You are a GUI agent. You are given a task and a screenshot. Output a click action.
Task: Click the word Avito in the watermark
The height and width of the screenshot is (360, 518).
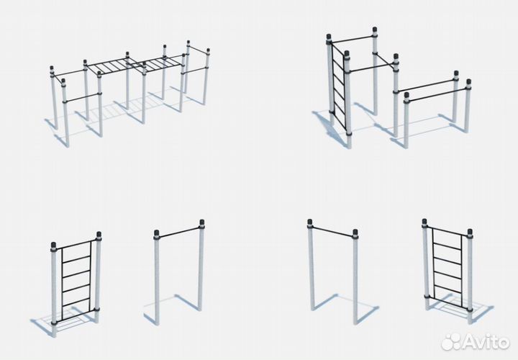485,341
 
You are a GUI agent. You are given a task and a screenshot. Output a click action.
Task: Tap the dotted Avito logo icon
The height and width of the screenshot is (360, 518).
450,341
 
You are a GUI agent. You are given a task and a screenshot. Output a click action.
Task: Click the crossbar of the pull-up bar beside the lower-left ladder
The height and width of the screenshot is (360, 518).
179,231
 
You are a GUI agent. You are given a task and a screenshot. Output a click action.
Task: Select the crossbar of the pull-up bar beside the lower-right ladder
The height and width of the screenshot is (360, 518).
332,230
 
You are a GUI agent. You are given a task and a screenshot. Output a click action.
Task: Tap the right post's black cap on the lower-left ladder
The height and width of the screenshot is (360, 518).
99,235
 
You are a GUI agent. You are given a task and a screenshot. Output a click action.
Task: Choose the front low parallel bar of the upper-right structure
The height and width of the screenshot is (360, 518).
437,94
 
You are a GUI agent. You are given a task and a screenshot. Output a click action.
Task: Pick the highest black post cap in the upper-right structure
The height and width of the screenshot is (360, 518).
375,30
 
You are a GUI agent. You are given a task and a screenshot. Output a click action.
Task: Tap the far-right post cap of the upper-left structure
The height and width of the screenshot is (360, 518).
208,51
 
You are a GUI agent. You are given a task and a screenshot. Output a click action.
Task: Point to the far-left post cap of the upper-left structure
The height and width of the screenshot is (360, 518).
52,69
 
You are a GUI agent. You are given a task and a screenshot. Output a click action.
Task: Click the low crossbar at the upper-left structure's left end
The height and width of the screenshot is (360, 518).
82,97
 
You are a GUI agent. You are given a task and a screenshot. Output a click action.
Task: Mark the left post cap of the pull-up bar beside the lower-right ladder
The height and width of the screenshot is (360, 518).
309,222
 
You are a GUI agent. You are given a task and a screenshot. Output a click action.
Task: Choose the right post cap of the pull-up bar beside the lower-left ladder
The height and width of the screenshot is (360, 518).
202,222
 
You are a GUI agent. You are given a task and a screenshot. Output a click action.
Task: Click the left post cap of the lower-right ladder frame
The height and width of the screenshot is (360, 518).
424,222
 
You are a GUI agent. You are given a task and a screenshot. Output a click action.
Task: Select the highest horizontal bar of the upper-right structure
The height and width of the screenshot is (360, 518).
352,40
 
